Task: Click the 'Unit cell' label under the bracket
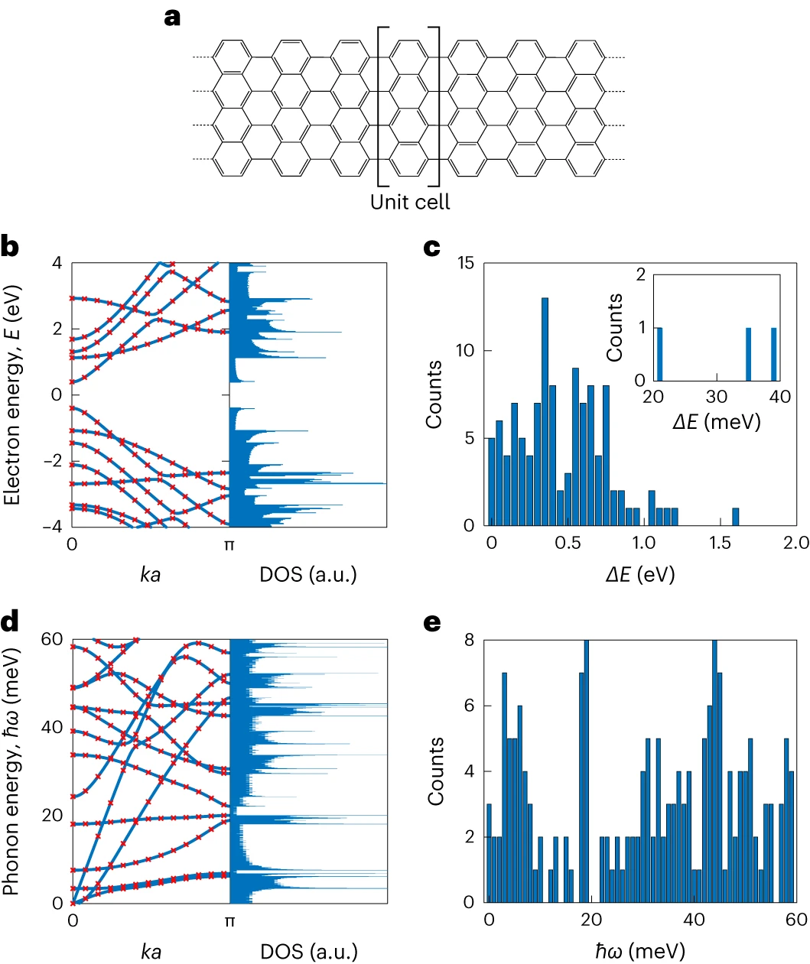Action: tap(410, 202)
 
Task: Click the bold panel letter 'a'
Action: tap(173, 17)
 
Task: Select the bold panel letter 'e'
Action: tap(432, 623)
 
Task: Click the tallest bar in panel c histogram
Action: tap(545, 411)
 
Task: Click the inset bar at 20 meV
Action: tap(659, 354)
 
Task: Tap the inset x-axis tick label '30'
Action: tap(717, 396)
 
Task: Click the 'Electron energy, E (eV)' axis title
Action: tap(12, 394)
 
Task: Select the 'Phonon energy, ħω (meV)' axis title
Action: tap(12, 771)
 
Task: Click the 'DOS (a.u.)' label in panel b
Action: tap(308, 574)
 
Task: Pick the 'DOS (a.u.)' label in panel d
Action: tap(309, 951)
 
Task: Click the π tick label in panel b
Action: tap(229, 545)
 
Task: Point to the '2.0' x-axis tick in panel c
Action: tap(795, 542)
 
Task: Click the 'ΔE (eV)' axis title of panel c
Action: tap(640, 574)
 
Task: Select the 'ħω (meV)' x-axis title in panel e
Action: tap(640, 951)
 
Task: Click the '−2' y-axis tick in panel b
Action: tap(54, 461)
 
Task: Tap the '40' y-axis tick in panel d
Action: tap(52, 727)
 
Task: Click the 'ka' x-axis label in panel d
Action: tap(151, 951)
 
